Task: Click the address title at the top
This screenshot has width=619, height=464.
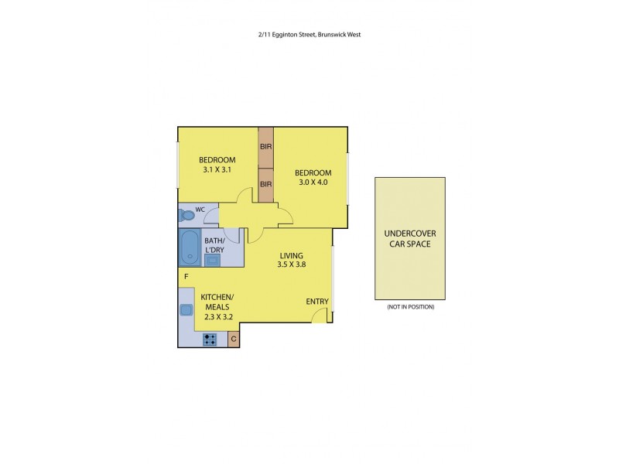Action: tap(309, 34)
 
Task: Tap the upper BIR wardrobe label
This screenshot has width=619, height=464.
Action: tap(265, 146)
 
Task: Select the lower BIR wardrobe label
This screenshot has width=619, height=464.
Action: tap(265, 184)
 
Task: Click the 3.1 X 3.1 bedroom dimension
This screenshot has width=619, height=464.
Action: tap(217, 169)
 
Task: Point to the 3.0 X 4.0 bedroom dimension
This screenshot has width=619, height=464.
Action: tap(313, 183)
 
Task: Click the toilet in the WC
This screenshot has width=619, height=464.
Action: tap(186, 215)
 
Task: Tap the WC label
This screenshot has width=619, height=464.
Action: tap(200, 210)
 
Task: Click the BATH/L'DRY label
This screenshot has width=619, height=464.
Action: tap(214, 245)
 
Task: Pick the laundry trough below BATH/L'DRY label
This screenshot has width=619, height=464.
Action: tap(212, 260)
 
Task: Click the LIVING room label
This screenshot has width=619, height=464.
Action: tap(291, 256)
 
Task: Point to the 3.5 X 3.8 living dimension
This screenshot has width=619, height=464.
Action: tap(291, 265)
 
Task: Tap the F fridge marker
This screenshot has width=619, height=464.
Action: tap(186, 276)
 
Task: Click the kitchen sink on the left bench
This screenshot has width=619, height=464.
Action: tap(186, 310)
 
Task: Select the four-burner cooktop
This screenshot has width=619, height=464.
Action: tap(210, 339)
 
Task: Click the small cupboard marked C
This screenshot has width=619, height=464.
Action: tap(234, 339)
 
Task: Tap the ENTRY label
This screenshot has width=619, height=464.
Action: tap(317, 302)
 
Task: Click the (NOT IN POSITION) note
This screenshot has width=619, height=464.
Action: tap(410, 307)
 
